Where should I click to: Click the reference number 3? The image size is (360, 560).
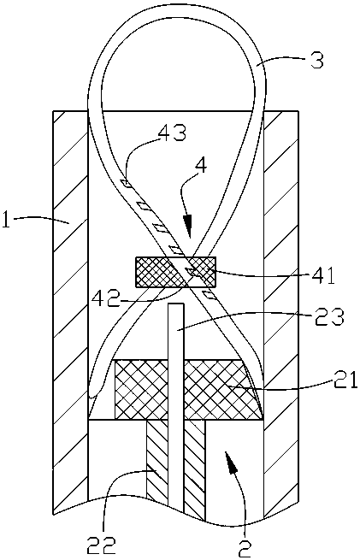(x=316, y=61)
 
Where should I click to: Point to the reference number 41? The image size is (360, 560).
(x=322, y=275)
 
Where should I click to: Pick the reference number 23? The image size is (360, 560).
(x=330, y=317)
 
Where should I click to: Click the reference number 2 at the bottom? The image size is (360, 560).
(x=245, y=547)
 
